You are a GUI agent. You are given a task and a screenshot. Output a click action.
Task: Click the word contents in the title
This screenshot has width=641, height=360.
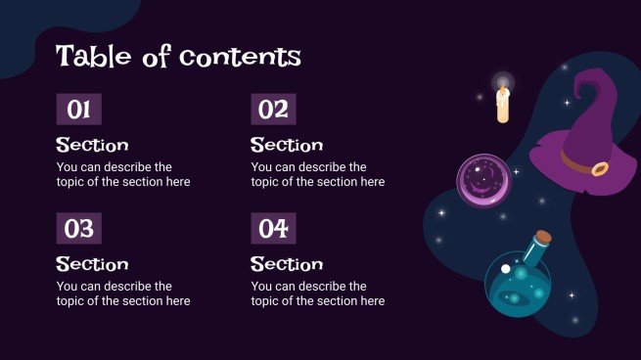(240, 57)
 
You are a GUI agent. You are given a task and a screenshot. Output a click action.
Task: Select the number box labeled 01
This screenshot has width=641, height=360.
(78, 110)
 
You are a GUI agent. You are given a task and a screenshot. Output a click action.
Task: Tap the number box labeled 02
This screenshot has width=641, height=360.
(273, 110)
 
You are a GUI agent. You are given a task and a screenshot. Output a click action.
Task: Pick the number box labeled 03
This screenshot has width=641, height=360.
(78, 229)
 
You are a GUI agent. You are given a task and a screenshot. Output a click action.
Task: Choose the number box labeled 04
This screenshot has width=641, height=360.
(273, 229)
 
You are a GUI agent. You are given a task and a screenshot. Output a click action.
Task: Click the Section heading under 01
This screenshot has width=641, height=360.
(92, 145)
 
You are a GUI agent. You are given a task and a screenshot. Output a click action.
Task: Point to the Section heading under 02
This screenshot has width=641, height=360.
(287, 145)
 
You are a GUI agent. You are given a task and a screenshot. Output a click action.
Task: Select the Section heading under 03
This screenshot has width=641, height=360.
(92, 264)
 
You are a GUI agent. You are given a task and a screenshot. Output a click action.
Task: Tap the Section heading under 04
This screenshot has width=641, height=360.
(287, 264)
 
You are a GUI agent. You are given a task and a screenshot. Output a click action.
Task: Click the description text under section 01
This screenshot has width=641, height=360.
(123, 174)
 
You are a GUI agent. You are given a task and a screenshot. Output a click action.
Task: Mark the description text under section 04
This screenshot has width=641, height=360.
(318, 293)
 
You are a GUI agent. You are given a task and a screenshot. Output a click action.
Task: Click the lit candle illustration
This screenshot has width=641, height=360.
(503, 105)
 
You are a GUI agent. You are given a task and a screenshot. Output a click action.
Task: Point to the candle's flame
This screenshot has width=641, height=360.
(503, 86)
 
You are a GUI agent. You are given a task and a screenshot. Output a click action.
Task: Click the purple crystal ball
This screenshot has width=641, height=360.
(481, 181)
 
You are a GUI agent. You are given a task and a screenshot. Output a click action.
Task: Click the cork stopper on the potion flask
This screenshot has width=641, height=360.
(543, 237)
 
